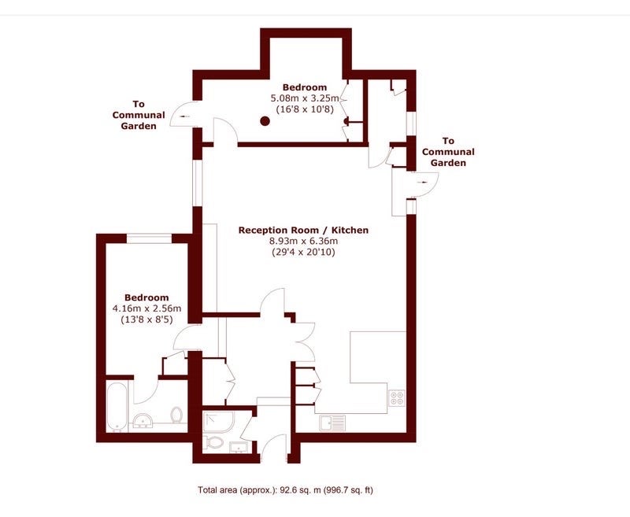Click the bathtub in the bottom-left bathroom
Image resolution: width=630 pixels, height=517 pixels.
[117, 406]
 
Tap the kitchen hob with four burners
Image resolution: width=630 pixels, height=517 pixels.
[397, 397]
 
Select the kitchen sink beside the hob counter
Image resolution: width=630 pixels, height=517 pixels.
[332, 423]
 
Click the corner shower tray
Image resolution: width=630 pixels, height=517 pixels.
[218, 422]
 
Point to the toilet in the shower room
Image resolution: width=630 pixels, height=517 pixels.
[213, 443]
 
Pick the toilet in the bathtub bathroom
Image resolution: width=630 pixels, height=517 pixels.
[176, 415]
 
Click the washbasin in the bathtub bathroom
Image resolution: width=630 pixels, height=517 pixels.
[143, 420]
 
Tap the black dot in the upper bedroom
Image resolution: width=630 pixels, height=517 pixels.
[265, 120]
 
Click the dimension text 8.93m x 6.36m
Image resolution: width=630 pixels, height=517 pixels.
[303, 242]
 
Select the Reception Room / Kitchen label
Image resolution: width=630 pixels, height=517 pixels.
[303, 230]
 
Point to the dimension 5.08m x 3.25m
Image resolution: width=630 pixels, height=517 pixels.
[305, 98]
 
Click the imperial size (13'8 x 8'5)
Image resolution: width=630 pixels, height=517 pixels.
[146, 320]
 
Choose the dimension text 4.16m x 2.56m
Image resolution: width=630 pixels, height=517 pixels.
[146, 308]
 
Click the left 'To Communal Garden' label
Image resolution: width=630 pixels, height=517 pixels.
[139, 115]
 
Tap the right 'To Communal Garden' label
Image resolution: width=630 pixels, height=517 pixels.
[448, 152]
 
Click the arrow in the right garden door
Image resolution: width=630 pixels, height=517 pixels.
[422, 183]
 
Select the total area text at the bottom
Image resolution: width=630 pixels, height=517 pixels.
[285, 490]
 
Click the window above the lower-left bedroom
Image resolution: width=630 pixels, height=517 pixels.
[149, 238]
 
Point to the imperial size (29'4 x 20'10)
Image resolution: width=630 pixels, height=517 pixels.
[303, 252]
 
